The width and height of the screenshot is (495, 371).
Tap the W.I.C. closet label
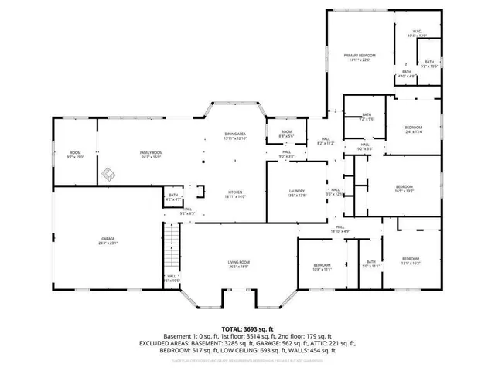pyautogui.click(x=417, y=32)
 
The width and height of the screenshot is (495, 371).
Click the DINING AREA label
pyautogui.click(x=235, y=135)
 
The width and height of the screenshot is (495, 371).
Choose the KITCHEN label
pyautogui.click(x=235, y=195)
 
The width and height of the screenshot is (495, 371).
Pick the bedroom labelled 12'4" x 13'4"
pyautogui.click(x=413, y=129)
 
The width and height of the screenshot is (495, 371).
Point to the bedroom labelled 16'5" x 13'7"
pyautogui.click(x=405, y=189)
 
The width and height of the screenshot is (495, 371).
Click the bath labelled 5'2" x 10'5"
pyautogui.click(x=429, y=64)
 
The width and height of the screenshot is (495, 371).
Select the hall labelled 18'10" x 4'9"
pyautogui.click(x=340, y=229)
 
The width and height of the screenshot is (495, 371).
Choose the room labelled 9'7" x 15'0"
pyautogui.click(x=75, y=155)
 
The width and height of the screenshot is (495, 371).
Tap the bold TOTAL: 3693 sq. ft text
pyautogui.click(x=247, y=328)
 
